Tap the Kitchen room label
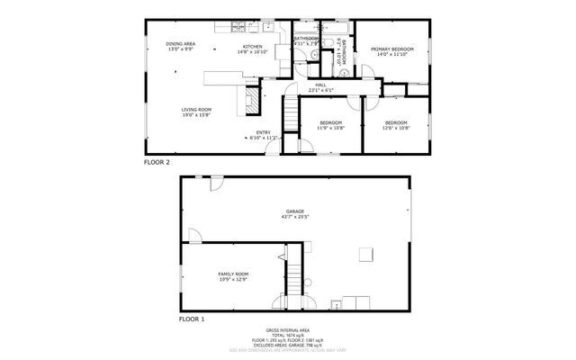click(253, 46)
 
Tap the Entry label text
click(263, 133)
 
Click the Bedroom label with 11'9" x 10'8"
click(330, 122)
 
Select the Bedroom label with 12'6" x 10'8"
click(396, 122)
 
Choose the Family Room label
click(233, 274)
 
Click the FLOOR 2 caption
click(158, 162)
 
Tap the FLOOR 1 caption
click(192, 319)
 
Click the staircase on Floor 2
click(290, 115)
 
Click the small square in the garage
click(365, 254)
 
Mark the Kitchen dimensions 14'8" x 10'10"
click(253, 52)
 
